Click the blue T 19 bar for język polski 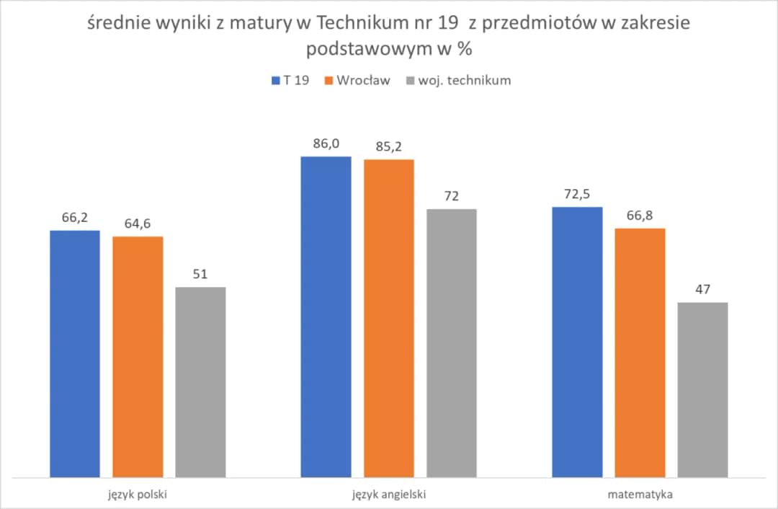pyautogui.click(x=75, y=353)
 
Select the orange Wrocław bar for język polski pyautogui.click(x=138, y=356)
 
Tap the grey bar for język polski pyautogui.click(x=200, y=382)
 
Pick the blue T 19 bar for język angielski pyautogui.click(x=326, y=317)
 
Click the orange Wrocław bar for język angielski pyautogui.click(x=389, y=318)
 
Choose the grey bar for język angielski pyautogui.click(x=452, y=342)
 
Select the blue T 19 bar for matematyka pyautogui.click(x=577, y=342)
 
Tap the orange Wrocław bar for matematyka pyautogui.click(x=640, y=353)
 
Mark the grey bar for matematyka pyautogui.click(x=702, y=389)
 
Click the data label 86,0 pyautogui.click(x=326, y=143)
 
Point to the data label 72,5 pyautogui.click(x=577, y=194)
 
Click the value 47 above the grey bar pyautogui.click(x=702, y=289)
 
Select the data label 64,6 pyautogui.click(x=138, y=223)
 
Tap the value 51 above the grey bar pyautogui.click(x=200, y=274)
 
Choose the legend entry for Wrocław pyautogui.click(x=358, y=80)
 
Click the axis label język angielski pyautogui.click(x=389, y=495)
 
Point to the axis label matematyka pyautogui.click(x=640, y=495)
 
